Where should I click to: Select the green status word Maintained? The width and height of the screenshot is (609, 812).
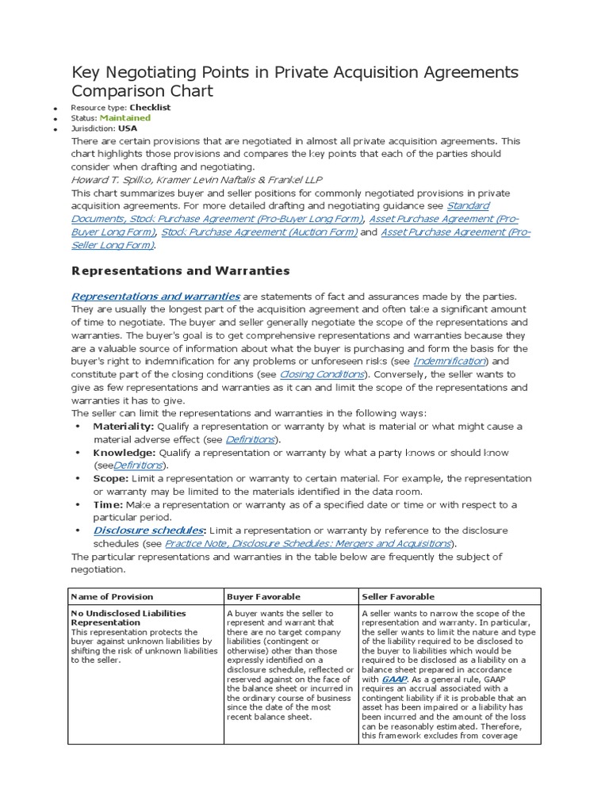[x=124, y=117]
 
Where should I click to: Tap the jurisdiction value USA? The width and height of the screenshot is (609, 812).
[x=127, y=128]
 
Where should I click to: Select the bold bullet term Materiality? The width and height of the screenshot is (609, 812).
[x=124, y=427]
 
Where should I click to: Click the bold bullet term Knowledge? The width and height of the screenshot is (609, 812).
[x=124, y=453]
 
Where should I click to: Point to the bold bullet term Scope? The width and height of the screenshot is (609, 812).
[x=110, y=479]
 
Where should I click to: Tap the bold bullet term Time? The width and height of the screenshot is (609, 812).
[x=107, y=504]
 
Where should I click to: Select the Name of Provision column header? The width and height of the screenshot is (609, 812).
[x=113, y=596]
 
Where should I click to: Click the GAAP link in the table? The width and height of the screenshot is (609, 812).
[x=393, y=679]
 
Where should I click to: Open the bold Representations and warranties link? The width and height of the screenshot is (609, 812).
[x=155, y=297]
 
